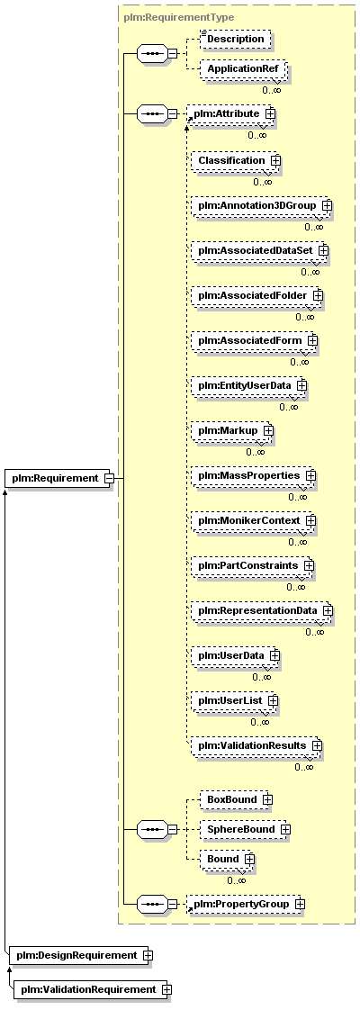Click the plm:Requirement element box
59,478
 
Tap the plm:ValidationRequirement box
92,988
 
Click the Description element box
235,39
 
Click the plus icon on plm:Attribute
270,113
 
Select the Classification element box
235,159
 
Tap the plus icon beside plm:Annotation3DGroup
327,205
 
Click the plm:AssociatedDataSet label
255,250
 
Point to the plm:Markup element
232,430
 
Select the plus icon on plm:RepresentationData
328,609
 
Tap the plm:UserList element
234,699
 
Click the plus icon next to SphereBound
285,829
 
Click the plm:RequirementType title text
179,17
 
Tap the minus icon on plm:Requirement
109,479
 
